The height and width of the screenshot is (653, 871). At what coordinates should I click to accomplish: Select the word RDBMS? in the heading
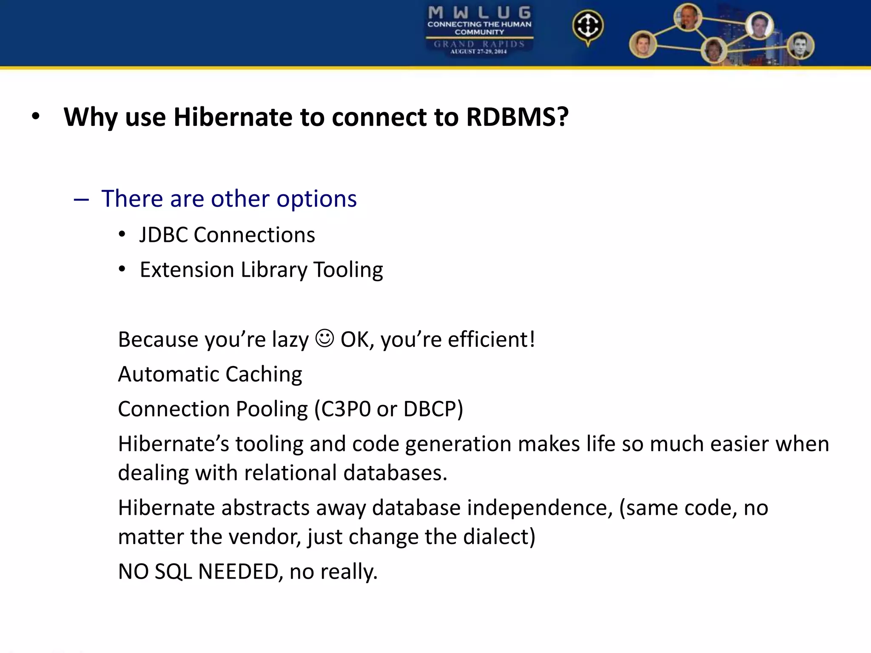[x=517, y=117]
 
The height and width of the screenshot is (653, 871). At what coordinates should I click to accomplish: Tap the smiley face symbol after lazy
[x=324, y=338]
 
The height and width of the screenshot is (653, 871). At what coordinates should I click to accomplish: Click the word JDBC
[x=163, y=235]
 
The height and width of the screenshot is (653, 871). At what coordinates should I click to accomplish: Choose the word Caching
[x=264, y=375]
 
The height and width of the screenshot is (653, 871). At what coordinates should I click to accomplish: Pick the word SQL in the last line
[x=173, y=571]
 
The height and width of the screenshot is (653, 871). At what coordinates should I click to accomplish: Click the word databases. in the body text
[x=395, y=473]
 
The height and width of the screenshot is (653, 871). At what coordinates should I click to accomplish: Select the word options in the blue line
[x=316, y=199]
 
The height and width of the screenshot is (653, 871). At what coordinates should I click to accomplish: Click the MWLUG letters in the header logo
[x=479, y=13]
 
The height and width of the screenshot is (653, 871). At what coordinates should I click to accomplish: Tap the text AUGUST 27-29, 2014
[x=479, y=51]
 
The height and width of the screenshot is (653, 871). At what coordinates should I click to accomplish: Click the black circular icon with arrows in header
[x=588, y=26]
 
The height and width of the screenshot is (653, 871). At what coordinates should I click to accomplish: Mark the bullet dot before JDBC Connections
[x=122, y=235]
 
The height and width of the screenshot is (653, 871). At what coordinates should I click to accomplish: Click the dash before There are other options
[x=81, y=199]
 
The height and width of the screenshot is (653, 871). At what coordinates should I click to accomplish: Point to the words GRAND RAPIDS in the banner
[x=479, y=44]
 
